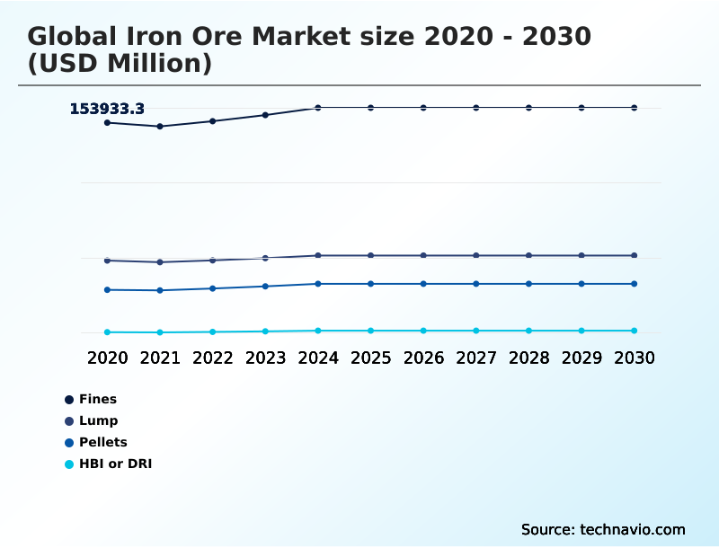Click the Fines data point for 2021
tap(160, 127)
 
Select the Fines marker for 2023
tap(265, 115)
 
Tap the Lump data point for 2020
tap(107, 261)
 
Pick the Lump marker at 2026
tap(423, 256)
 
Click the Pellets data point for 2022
tap(213, 288)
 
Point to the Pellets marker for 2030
tap(634, 284)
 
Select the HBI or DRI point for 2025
tap(370, 331)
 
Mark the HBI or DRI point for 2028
tap(528, 331)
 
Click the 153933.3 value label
tap(107, 109)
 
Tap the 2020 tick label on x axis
tap(107, 358)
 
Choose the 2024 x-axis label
tap(318, 358)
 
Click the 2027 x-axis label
tap(476, 358)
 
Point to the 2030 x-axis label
tap(634, 358)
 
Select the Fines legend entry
tap(97, 399)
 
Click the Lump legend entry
tap(98, 420)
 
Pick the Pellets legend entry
tap(102, 442)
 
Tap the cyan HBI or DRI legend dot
tap(69, 464)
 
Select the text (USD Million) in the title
tap(120, 64)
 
